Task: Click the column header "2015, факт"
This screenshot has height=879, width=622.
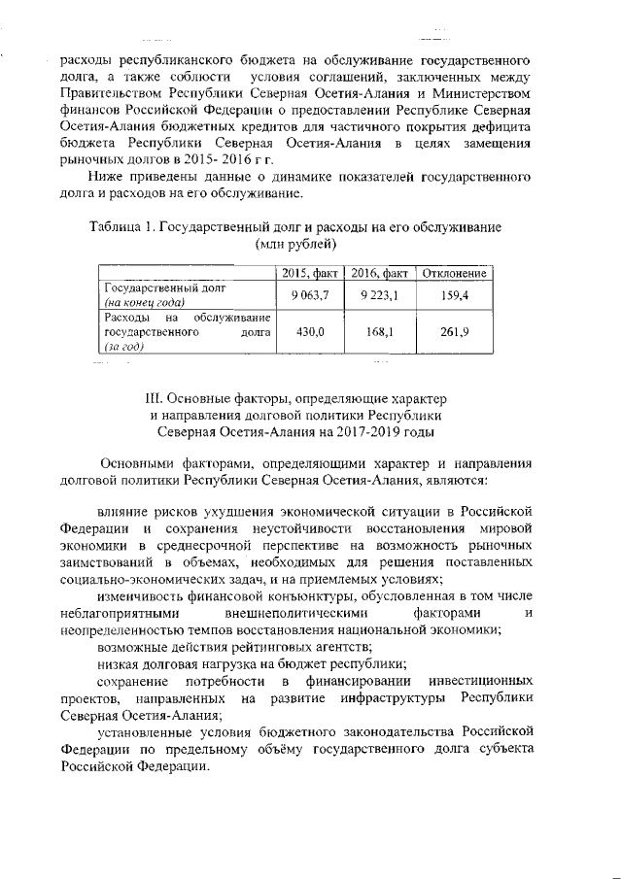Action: point(307,275)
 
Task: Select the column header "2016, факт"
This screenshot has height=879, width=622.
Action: point(379,275)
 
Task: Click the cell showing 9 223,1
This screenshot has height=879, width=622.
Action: point(379,295)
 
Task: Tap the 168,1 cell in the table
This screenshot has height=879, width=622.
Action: point(378,332)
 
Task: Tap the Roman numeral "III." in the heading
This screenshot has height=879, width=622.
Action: point(154,398)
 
